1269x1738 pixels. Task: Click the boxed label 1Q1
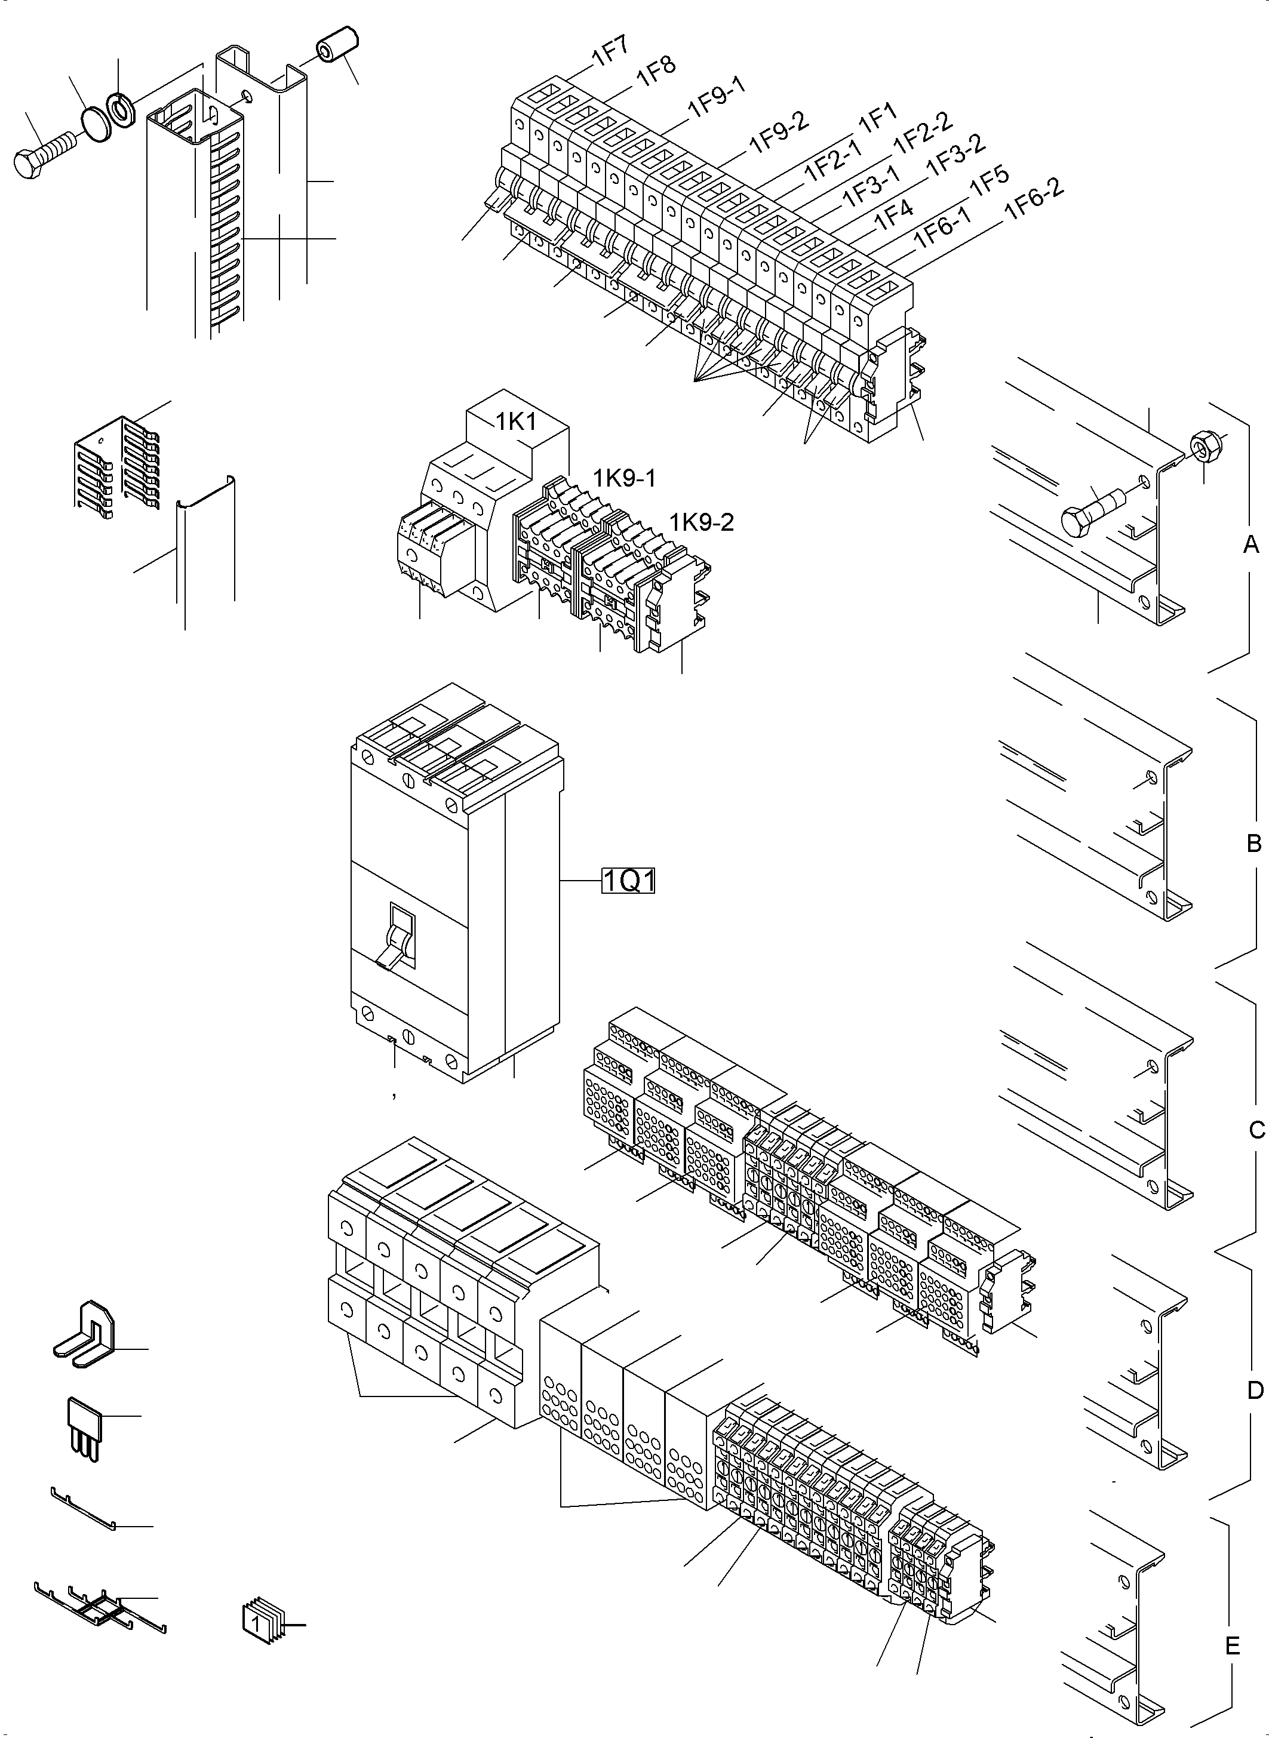tap(628, 881)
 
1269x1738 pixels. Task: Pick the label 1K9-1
tap(623, 478)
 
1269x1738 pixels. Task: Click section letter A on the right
tap(1250, 545)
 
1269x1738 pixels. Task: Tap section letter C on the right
tap(1256, 1130)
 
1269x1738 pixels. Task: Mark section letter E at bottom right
tap(1232, 1646)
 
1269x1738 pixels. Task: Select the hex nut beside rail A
tap(1202, 444)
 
